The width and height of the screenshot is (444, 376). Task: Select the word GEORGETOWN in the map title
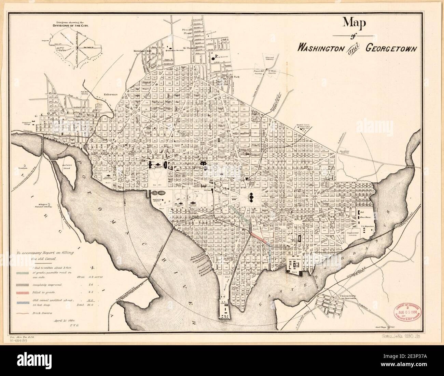click(391, 48)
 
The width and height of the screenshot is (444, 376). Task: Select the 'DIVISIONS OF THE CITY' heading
click(71, 25)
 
